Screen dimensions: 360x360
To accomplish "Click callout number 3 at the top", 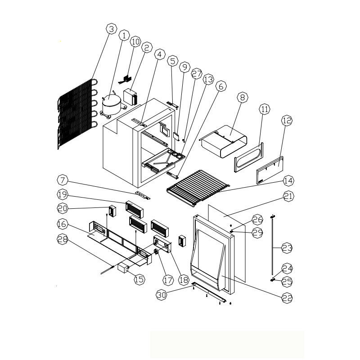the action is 112,29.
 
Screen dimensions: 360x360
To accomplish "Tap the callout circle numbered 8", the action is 243,97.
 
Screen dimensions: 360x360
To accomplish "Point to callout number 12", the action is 287,120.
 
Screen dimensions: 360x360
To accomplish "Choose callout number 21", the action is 288,196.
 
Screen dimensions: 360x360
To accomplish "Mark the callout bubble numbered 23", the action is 287,248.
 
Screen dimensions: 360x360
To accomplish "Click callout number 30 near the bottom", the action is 162,295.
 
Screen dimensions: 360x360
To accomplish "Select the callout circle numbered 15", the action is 139,279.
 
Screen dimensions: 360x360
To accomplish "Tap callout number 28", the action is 63,239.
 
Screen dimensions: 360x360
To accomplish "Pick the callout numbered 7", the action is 63,180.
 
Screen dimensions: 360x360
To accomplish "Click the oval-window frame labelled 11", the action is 249,157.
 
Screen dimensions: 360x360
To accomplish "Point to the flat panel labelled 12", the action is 270,170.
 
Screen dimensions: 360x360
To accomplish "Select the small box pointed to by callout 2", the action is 130,97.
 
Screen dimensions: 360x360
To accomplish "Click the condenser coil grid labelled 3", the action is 77,114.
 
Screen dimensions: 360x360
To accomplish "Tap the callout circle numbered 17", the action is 168,280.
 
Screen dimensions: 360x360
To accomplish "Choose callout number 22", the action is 287,298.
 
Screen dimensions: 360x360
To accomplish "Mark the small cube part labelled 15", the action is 123,268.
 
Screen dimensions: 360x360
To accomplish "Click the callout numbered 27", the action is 197,74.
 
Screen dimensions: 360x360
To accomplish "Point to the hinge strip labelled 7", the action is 143,195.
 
